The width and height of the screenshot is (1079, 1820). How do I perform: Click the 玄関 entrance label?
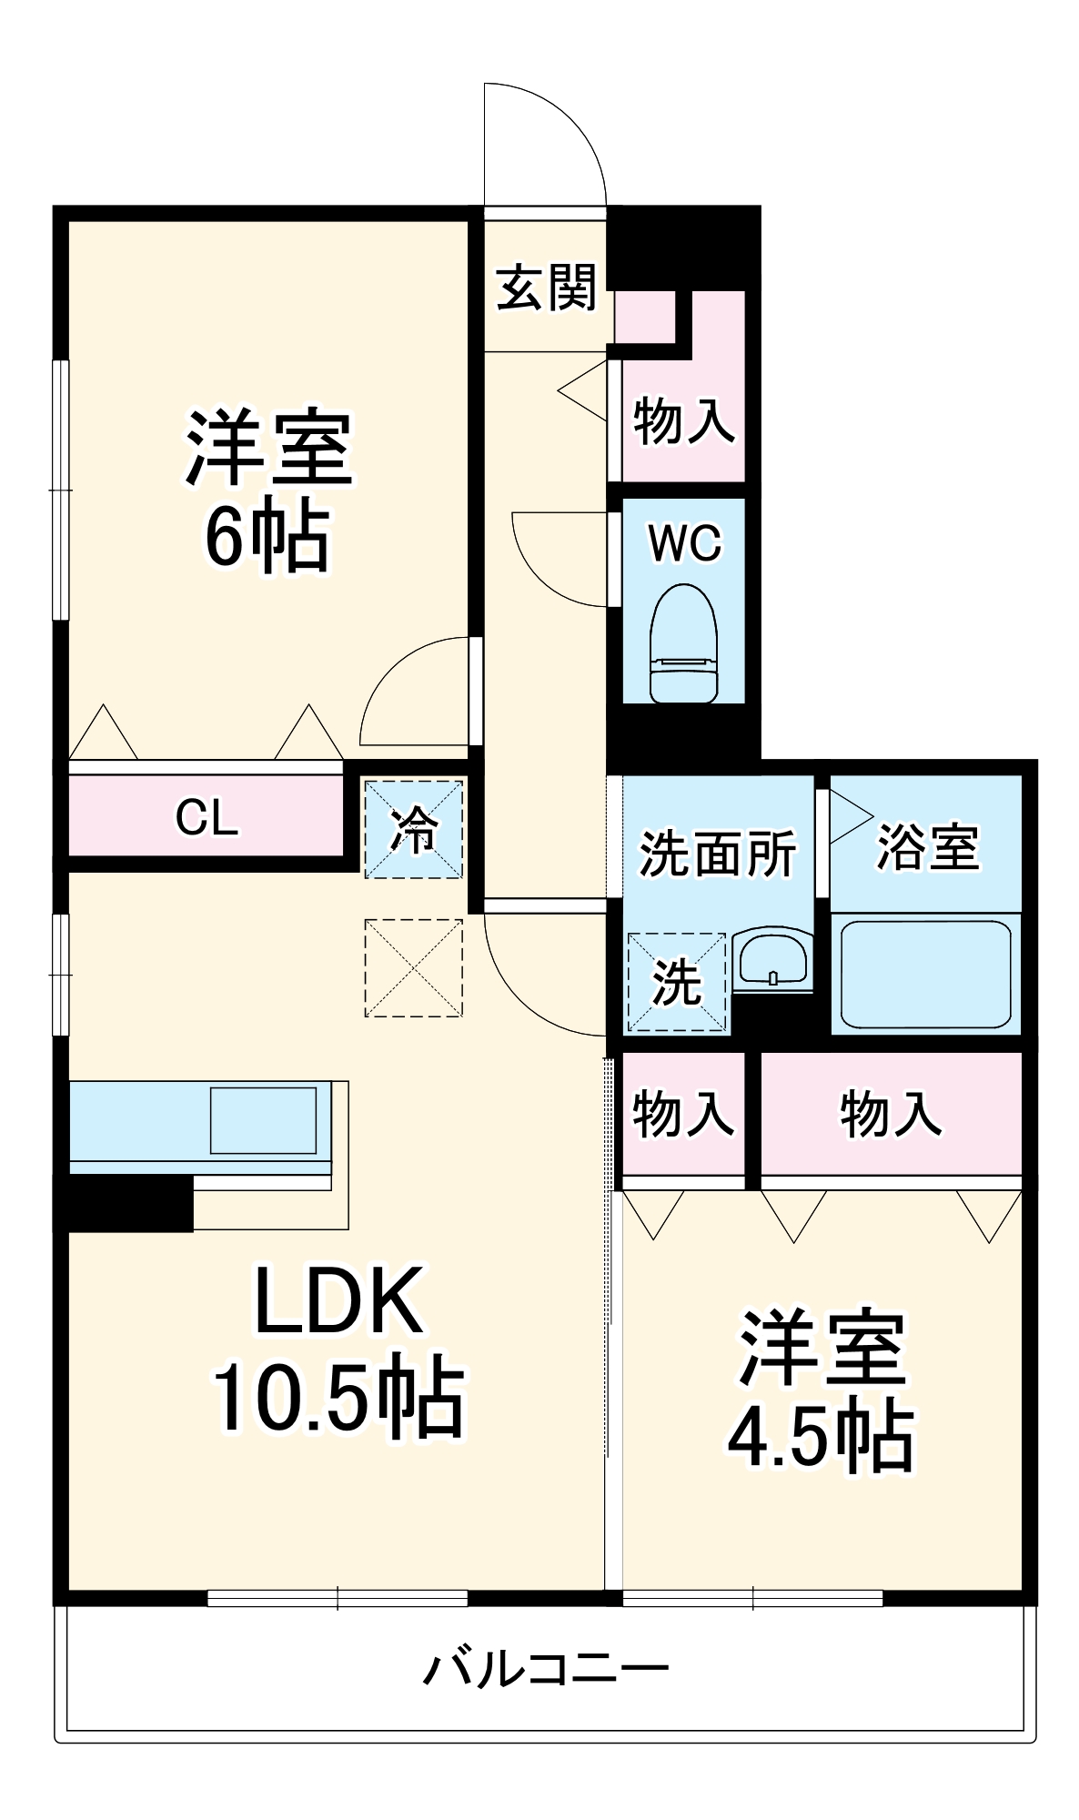click(x=546, y=288)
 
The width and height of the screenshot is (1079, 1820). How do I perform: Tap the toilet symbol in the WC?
click(x=684, y=644)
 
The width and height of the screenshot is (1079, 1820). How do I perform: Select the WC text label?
click(x=684, y=543)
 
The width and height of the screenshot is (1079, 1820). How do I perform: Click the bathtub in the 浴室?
click(x=925, y=975)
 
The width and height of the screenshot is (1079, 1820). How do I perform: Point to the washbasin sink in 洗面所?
click(x=771, y=959)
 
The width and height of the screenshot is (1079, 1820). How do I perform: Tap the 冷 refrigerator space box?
click(x=414, y=829)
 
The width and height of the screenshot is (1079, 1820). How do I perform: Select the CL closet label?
click(x=207, y=817)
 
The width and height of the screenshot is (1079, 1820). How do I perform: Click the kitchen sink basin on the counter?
click(x=263, y=1119)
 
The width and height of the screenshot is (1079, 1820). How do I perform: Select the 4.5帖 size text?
click(x=821, y=1438)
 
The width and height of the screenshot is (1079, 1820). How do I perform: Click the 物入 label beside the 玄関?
click(x=683, y=421)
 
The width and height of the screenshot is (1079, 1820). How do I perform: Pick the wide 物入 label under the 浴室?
click(x=890, y=1114)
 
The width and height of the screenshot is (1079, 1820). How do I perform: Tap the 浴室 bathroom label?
click(x=927, y=847)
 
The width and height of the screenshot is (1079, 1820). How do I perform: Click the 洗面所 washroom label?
click(x=718, y=854)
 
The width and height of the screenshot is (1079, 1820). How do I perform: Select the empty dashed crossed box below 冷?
click(x=414, y=968)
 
